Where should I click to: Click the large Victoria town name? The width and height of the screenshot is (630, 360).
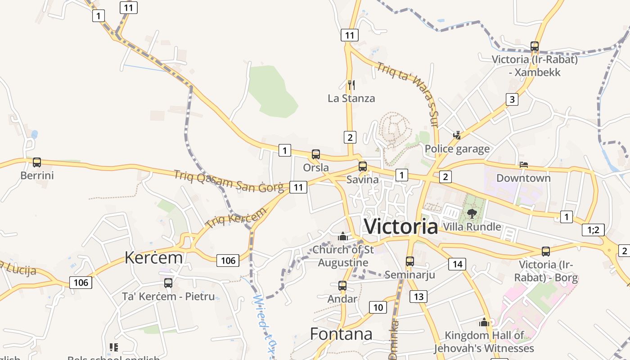[400, 226]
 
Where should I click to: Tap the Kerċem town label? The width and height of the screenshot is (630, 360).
[153, 258]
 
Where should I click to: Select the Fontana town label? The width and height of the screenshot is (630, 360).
[341, 334]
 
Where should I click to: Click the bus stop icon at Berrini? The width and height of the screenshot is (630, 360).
[37, 162]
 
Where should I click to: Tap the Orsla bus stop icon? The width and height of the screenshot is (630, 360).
[316, 154]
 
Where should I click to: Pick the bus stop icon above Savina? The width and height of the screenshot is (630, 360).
[363, 166]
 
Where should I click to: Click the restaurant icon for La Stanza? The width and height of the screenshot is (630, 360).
[351, 85]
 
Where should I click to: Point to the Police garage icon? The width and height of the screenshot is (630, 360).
[457, 135]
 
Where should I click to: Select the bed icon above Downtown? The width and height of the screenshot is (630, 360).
[523, 165]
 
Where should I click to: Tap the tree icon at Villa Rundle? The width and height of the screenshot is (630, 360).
[472, 213]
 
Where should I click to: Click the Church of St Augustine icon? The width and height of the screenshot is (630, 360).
[343, 236]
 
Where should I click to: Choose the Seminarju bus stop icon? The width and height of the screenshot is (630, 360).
[409, 261]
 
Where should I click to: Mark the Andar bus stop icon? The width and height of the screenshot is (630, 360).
[342, 285]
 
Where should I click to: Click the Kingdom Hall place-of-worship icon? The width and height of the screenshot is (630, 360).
[484, 322]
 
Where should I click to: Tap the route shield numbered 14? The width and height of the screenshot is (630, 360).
[457, 264]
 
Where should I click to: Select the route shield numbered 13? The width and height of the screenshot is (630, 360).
[418, 296]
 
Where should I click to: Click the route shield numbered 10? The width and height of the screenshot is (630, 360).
[378, 307]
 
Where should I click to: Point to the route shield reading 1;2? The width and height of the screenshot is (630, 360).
[593, 230]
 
